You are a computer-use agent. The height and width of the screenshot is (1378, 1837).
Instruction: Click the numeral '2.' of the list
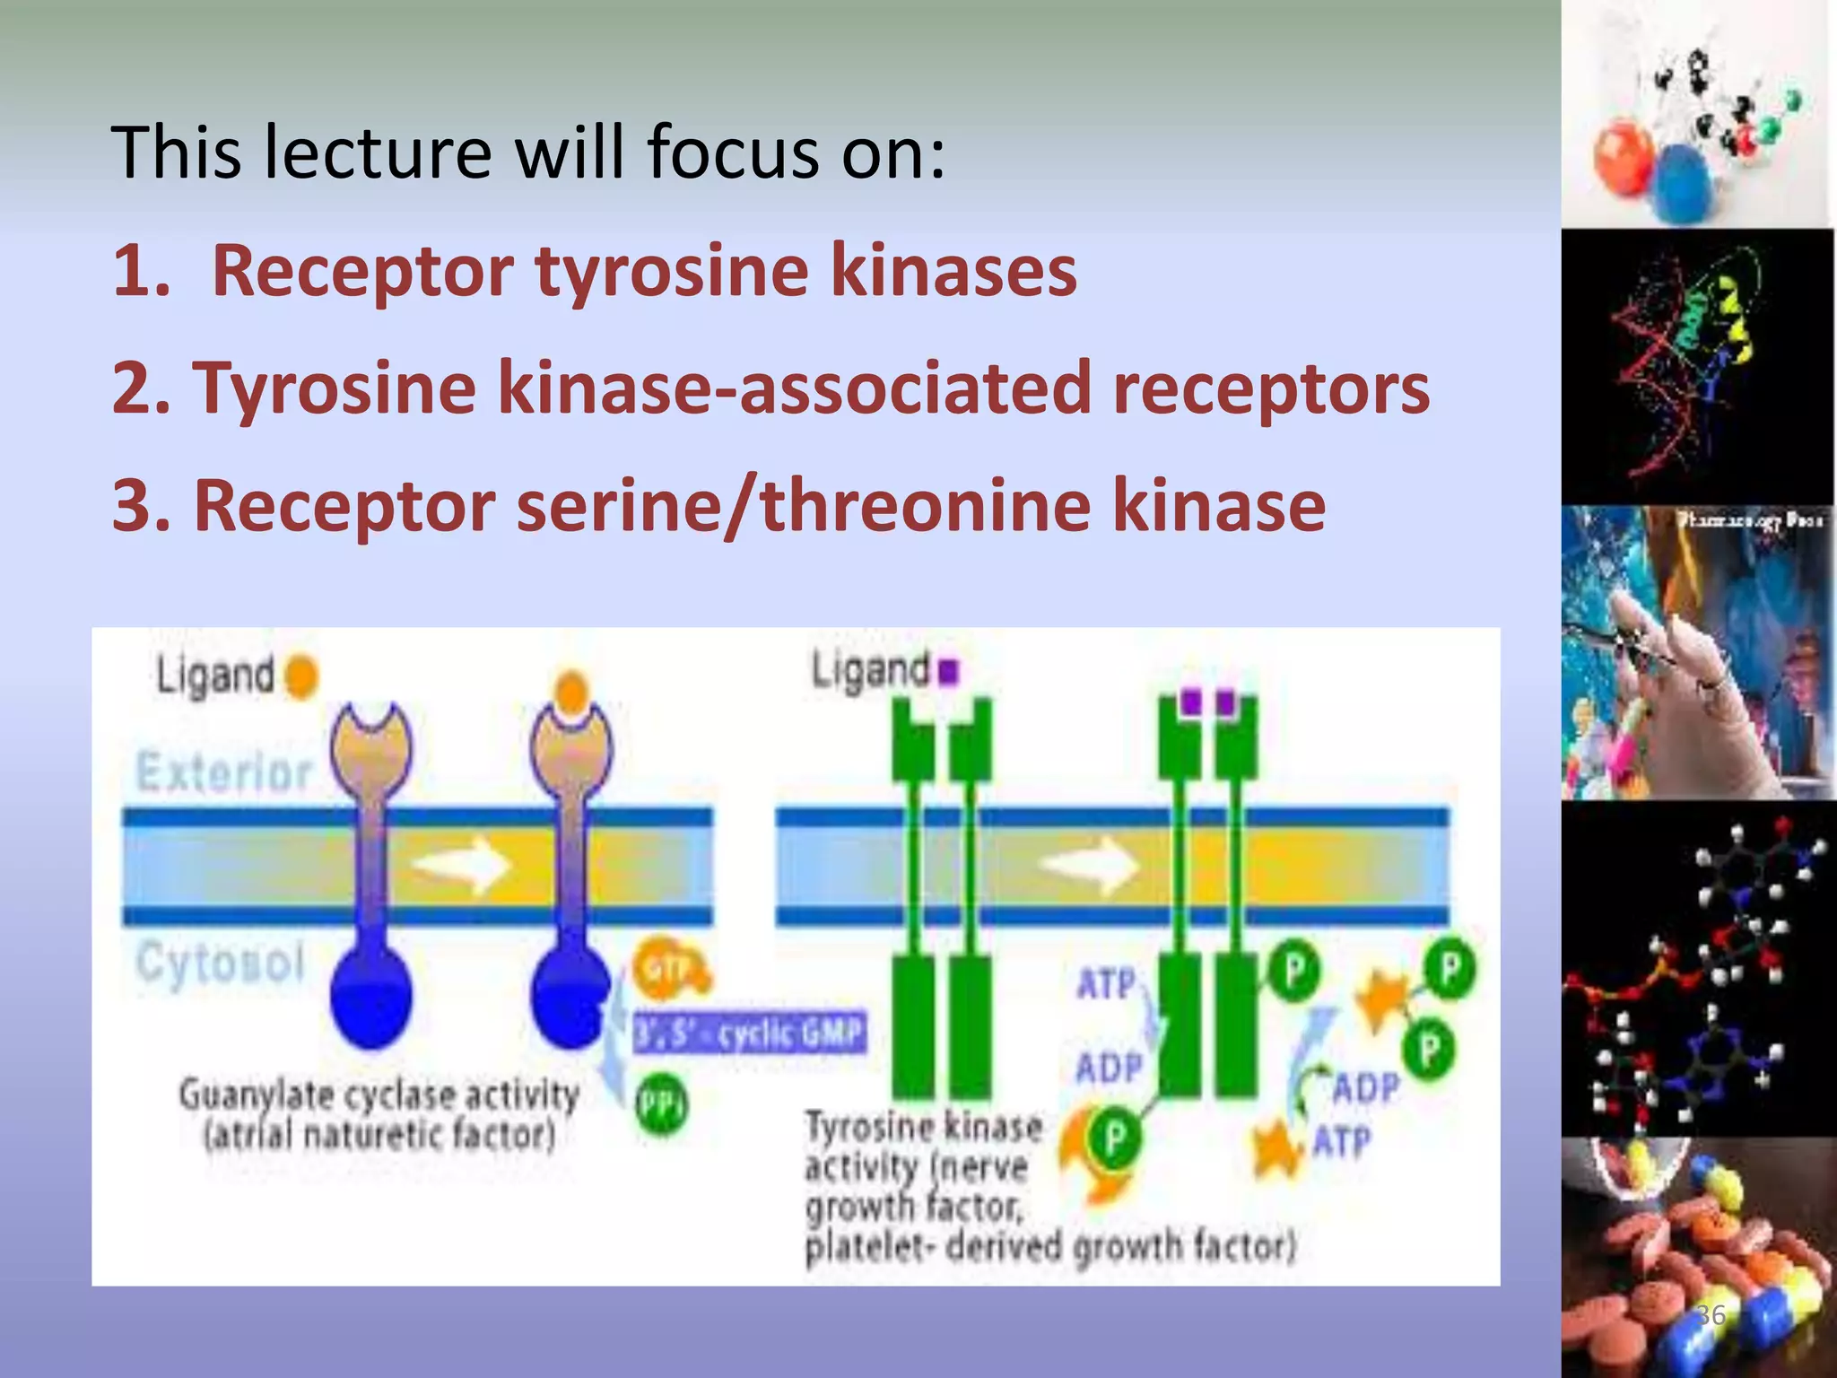tap(140, 388)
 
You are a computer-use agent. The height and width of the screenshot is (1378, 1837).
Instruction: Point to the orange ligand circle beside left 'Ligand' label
tap(302, 676)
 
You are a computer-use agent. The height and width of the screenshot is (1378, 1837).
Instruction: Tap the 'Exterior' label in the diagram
tap(223, 772)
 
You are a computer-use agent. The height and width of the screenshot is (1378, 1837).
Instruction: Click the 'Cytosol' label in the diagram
tap(221, 964)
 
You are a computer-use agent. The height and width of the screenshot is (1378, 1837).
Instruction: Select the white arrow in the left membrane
tap(462, 865)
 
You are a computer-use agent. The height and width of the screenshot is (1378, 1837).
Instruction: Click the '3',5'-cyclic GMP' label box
tap(750, 1033)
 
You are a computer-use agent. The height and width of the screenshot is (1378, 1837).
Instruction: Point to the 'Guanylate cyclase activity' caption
tap(379, 1095)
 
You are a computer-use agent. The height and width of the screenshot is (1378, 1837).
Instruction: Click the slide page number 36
tap(1711, 1315)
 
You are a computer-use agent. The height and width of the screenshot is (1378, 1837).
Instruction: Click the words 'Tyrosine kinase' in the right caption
tap(924, 1127)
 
